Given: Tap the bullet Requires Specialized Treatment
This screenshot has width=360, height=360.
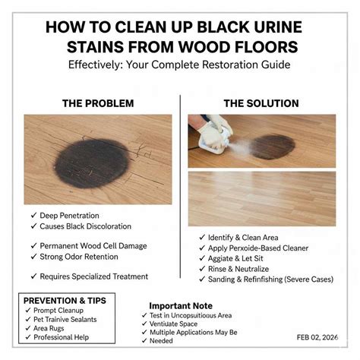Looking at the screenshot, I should [x=93, y=276].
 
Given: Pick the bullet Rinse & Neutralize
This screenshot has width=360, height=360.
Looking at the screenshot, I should [x=245, y=268].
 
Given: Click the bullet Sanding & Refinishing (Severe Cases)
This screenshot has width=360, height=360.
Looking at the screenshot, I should [x=270, y=279].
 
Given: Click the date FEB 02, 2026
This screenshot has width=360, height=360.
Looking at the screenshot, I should [x=319, y=336].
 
